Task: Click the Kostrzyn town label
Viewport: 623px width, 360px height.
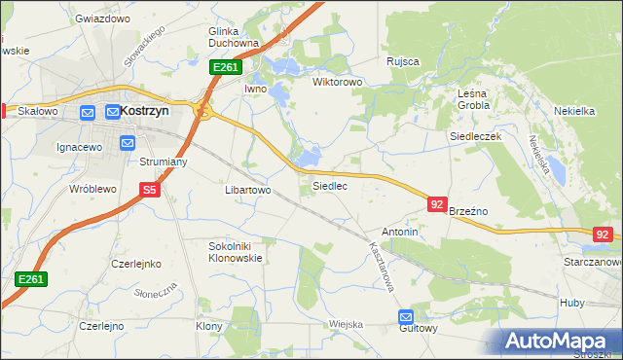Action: point(144,111)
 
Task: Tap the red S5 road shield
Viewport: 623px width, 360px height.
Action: point(149,191)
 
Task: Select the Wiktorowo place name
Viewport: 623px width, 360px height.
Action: point(337,83)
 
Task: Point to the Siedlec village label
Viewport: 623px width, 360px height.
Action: point(329,186)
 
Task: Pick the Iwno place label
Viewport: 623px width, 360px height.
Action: point(255,89)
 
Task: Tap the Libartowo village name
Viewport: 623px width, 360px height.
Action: point(247,191)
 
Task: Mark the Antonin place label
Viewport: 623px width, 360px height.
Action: point(400,233)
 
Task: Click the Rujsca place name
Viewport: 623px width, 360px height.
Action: point(402,61)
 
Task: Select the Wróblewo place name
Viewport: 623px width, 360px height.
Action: point(93,189)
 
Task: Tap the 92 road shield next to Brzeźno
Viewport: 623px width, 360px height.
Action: point(437,204)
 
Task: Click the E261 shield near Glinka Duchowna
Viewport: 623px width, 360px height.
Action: point(225,66)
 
